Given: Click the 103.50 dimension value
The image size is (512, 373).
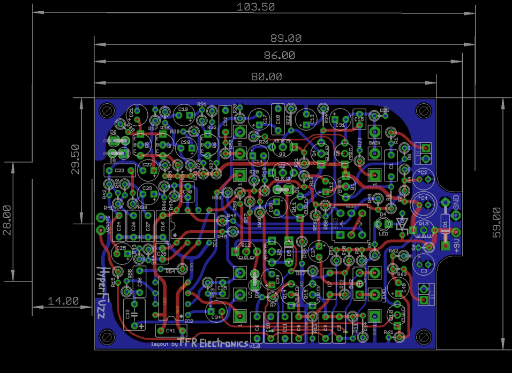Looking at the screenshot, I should [255, 7].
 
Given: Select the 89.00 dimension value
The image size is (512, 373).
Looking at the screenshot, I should [285, 39].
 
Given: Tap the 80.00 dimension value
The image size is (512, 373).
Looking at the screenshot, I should [266, 77].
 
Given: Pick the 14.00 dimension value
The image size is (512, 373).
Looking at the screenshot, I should [63, 301].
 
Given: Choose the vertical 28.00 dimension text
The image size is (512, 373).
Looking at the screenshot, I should [6, 220].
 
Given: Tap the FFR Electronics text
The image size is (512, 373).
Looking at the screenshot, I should [213, 342].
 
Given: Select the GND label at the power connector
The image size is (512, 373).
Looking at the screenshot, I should [456, 202].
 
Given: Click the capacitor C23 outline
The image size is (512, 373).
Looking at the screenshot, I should [118, 171].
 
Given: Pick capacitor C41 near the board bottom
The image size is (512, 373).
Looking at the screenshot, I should [170, 331].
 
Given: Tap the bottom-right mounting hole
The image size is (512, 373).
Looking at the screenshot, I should [424, 336].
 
